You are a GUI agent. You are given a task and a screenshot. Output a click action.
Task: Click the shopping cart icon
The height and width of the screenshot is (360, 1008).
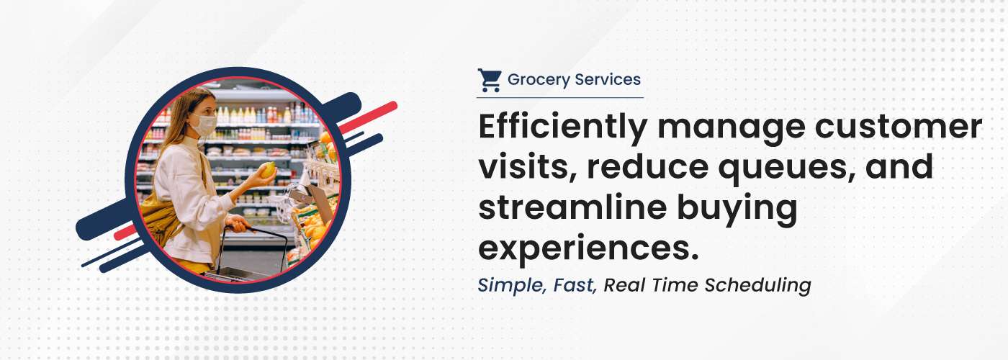click(490, 80)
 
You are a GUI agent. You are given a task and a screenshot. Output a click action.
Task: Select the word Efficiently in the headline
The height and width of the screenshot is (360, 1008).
click(563, 128)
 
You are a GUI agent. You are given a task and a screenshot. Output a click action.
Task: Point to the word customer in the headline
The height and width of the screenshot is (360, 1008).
click(899, 127)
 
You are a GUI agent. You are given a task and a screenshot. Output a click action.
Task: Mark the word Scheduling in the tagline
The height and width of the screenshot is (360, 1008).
click(757, 286)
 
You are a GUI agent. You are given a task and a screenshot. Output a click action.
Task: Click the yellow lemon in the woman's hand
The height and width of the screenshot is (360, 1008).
click(269, 170)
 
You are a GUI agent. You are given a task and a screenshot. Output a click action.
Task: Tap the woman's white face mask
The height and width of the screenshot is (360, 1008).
click(204, 124)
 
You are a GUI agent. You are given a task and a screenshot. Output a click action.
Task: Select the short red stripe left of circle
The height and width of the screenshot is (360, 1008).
click(125, 232)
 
